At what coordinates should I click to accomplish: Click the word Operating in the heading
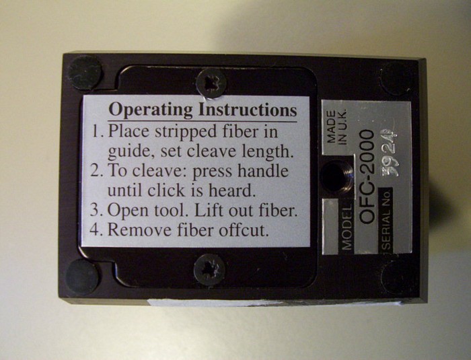coord(150,110)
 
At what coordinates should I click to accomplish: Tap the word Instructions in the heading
coord(248,110)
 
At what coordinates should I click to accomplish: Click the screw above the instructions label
coord(211,83)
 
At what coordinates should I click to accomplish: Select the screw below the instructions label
coord(209,269)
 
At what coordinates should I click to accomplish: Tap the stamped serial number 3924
coord(390,153)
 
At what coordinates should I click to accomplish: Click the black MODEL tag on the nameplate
coord(346,227)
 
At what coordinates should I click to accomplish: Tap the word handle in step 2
coord(263,171)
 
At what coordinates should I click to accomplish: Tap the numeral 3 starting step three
coord(95,210)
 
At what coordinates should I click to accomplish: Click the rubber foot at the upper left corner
coord(84,73)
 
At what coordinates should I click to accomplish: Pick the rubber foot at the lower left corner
coord(81,277)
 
